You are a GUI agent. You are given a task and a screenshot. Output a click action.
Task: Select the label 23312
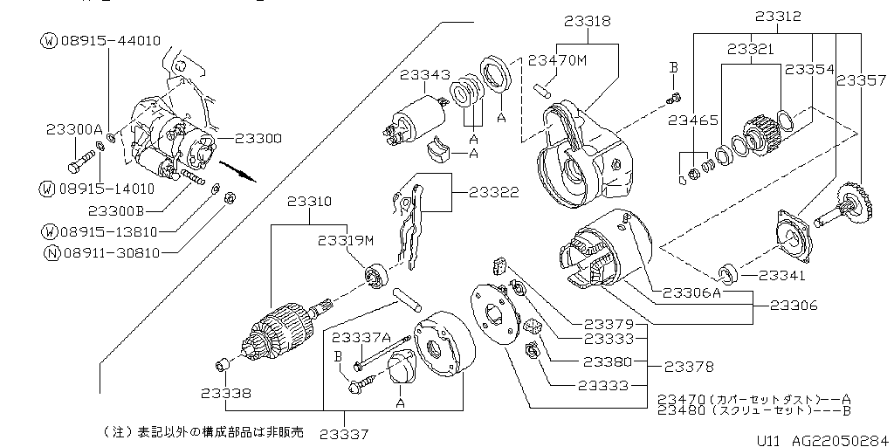click(778, 16)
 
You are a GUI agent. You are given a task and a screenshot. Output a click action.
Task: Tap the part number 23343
click(425, 76)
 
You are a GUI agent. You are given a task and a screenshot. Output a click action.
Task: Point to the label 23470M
click(558, 60)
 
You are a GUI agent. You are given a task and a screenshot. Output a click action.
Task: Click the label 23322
click(493, 192)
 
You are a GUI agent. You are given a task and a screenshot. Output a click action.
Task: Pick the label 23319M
click(346, 241)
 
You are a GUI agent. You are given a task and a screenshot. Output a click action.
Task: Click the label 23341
click(783, 276)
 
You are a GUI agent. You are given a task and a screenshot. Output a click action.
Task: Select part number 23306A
click(690, 293)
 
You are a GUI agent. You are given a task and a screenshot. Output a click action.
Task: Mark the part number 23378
click(690, 366)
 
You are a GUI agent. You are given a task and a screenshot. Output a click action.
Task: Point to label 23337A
click(361, 337)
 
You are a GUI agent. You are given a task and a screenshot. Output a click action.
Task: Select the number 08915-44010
click(110, 40)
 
